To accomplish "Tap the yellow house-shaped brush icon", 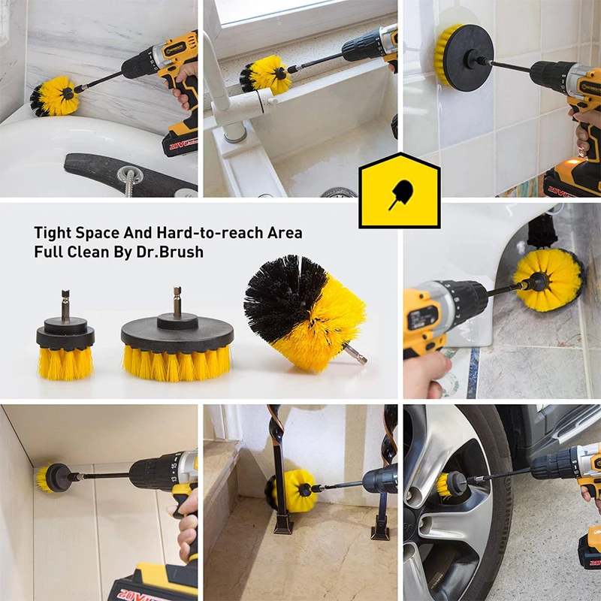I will coord(399,190).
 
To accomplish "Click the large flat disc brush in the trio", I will coord(177,346).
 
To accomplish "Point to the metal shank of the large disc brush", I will coord(177,300).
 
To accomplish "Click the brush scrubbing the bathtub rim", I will coord(55,95).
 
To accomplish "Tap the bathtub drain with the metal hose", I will coord(127,174).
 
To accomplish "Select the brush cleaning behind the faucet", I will coord(265,75).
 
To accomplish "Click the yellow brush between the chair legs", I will coord(294,490).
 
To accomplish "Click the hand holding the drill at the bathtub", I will coord(185,89).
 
